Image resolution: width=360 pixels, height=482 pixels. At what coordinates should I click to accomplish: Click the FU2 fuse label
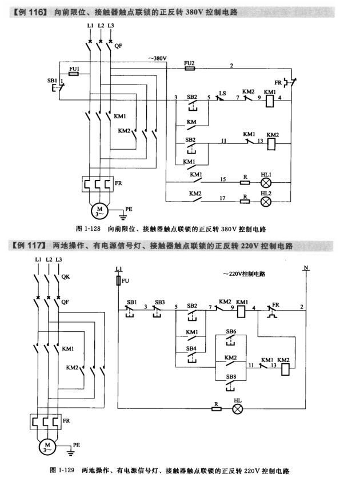click(190, 62)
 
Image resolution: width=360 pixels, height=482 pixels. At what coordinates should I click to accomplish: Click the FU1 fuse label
click(73, 69)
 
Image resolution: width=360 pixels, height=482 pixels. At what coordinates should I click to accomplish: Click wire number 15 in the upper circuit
click(225, 179)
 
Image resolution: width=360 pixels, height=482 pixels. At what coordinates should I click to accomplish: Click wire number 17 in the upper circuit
click(225, 198)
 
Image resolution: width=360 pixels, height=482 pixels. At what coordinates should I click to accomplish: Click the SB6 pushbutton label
click(231, 331)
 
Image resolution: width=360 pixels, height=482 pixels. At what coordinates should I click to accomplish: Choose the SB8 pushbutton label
click(231, 376)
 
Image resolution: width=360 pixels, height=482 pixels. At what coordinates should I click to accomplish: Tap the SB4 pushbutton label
click(191, 348)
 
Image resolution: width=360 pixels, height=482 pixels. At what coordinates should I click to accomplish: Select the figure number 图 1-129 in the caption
click(63, 472)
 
